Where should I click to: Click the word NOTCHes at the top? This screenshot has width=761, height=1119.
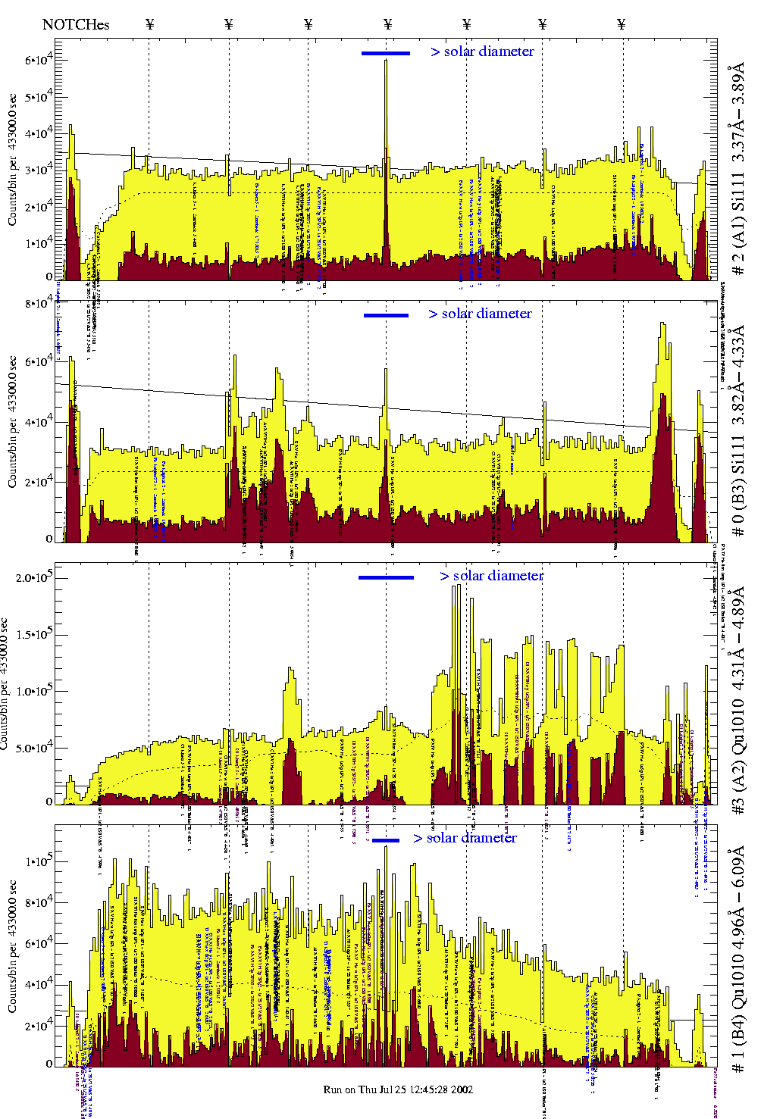tap(76, 24)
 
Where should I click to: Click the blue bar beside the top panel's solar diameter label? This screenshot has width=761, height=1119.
tap(385, 53)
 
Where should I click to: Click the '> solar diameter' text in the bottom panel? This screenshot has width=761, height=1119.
tap(465, 838)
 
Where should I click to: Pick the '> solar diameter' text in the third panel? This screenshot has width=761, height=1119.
tap(491, 576)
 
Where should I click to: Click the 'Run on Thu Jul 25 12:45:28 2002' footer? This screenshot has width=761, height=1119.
tap(398, 1089)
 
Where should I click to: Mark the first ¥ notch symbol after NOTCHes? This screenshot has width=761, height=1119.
tap(149, 24)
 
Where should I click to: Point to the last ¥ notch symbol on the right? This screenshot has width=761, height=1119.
tap(622, 24)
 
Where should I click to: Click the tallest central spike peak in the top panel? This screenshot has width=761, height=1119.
tap(386, 62)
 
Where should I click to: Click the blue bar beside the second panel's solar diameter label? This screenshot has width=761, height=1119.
tap(386, 315)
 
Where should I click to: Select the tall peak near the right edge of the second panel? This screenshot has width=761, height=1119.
tap(663, 326)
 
